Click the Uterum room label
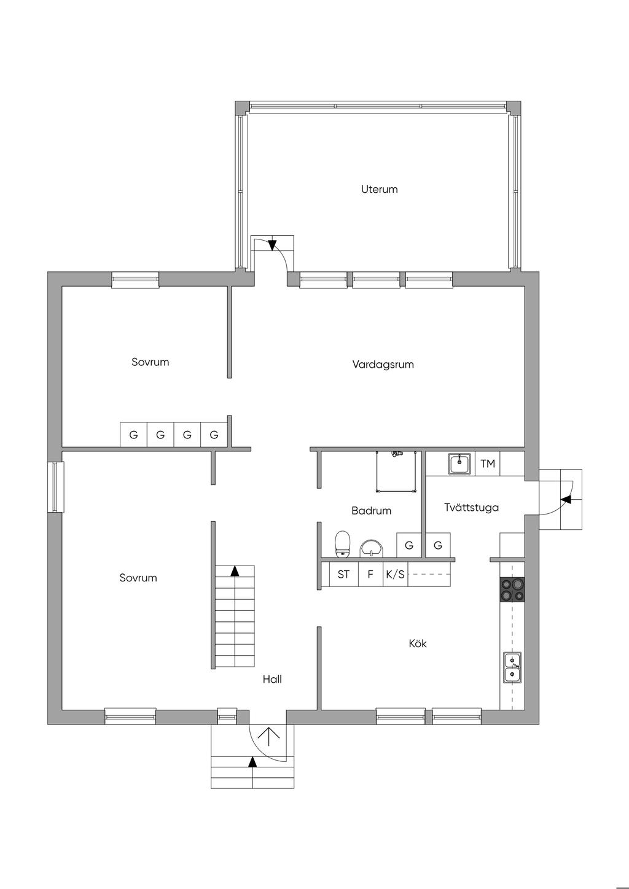(379, 189)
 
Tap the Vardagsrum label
(383, 365)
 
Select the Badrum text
(371, 511)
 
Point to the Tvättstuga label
(471, 508)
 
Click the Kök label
(418, 643)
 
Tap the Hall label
(272, 679)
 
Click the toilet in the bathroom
(342, 544)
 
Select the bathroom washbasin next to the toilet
(372, 548)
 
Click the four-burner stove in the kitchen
(512, 590)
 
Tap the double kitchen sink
(512, 667)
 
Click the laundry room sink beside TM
(459, 464)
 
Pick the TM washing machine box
(488, 464)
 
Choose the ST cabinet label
(343, 574)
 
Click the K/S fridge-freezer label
(395, 574)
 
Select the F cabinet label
(370, 574)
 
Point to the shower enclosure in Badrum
(396, 472)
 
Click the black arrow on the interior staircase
(235, 571)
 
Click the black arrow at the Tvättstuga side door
(567, 499)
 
